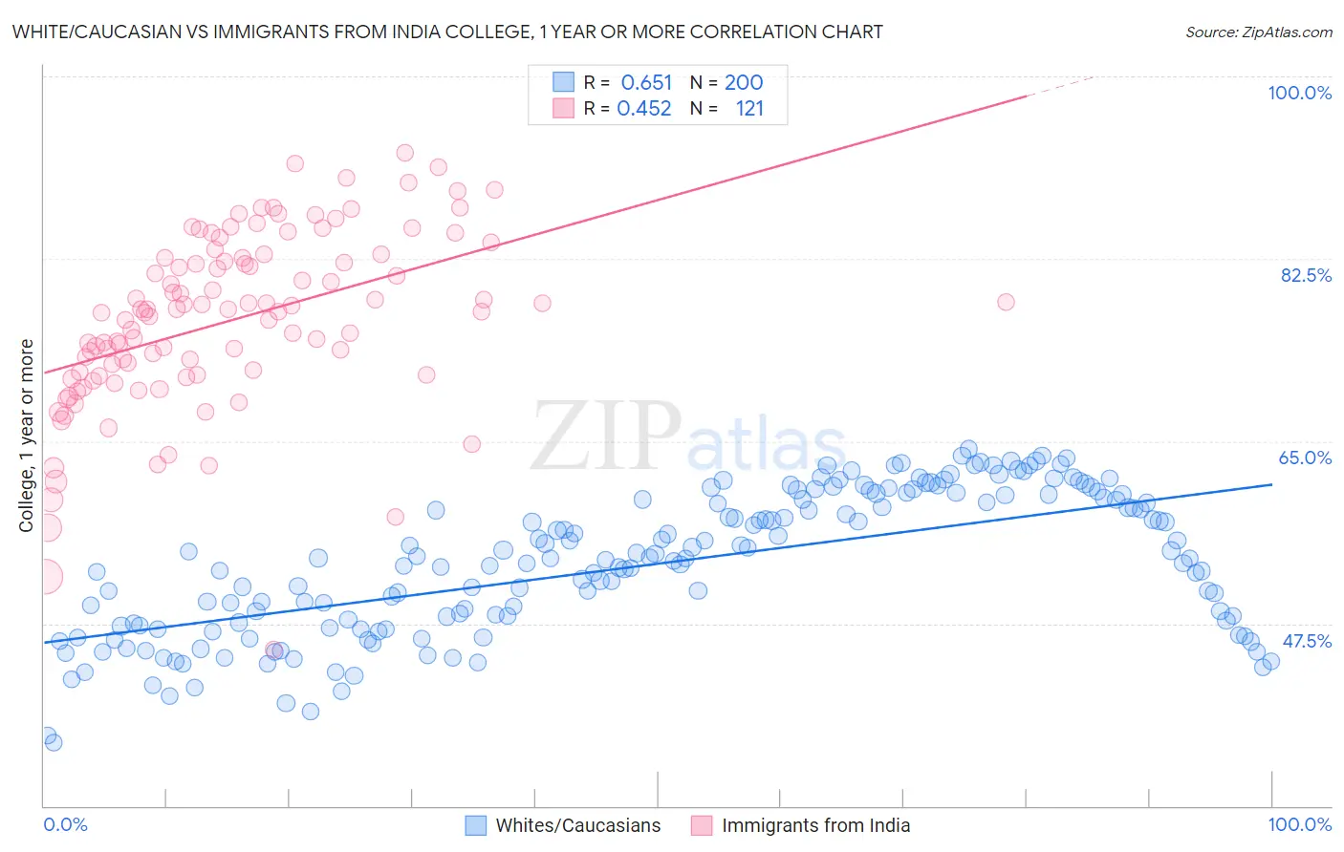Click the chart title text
click(x=447, y=32)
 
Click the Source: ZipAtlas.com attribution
click(x=1258, y=32)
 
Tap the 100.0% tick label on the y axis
click(x=1299, y=93)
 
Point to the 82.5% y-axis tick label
click(x=1305, y=275)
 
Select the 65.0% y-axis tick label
click(x=1305, y=458)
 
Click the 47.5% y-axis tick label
click(x=1306, y=641)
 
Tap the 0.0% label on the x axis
click(x=65, y=824)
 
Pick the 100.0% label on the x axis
click(x=1299, y=824)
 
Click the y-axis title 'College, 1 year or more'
click(x=26, y=436)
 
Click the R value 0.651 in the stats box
click(x=646, y=82)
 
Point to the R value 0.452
click(x=644, y=109)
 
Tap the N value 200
click(x=743, y=82)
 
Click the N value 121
click(x=749, y=109)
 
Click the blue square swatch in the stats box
click(x=563, y=82)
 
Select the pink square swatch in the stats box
click(x=563, y=109)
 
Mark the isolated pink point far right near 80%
click(x=1006, y=302)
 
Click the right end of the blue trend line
click(x=1271, y=484)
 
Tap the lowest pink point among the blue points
click(x=273, y=650)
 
